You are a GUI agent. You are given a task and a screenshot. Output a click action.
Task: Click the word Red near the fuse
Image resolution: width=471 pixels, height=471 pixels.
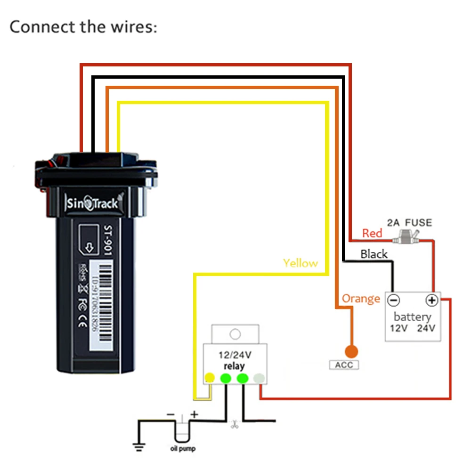(x=372, y=233)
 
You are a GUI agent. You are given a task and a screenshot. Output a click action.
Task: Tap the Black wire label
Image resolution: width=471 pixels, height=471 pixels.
(x=374, y=254)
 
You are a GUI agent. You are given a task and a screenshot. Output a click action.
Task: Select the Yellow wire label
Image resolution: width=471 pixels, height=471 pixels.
(x=300, y=263)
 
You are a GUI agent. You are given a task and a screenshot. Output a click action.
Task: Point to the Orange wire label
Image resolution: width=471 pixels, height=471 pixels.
(x=361, y=299)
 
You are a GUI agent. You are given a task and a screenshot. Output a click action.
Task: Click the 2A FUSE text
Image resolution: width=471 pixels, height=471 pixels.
(x=409, y=222)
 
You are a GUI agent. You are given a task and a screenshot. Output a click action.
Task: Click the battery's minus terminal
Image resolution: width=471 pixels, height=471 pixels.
(x=393, y=300)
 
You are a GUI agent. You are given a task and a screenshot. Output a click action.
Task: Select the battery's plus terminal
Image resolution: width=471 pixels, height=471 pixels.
(x=431, y=300)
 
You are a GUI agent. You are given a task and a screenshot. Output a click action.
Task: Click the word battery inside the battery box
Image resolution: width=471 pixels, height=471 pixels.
(x=412, y=317)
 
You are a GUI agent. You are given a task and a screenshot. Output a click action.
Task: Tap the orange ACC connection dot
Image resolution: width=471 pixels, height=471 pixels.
(x=351, y=351)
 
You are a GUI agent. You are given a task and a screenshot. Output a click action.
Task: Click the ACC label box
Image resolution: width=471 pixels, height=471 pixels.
(x=344, y=365)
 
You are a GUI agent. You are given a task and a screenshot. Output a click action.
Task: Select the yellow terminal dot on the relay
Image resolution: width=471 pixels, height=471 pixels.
(x=210, y=378)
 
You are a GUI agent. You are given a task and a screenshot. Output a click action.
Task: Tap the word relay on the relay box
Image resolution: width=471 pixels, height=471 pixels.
(x=234, y=366)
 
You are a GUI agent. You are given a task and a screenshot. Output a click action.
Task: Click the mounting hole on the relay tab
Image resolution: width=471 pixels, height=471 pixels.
(x=235, y=334)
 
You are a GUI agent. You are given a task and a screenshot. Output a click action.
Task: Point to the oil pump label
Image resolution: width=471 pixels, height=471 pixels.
(x=182, y=448)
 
